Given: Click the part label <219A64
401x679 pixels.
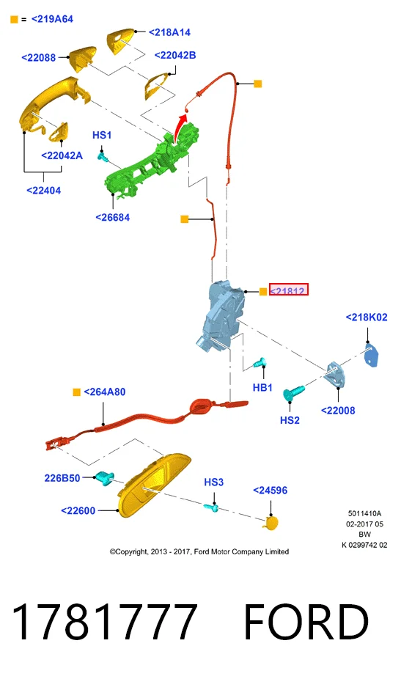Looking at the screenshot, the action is tap(52, 19).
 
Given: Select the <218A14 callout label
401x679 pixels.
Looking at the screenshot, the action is tap(169, 32).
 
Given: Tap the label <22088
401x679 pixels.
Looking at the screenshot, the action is tap(39, 58).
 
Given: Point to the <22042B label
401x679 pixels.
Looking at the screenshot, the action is tap(175, 56).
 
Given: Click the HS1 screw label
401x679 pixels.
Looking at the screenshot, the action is tap(102, 135).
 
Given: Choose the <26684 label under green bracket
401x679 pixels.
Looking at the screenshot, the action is tap(113, 217).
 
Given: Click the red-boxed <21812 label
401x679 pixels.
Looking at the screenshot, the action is tap(288, 290).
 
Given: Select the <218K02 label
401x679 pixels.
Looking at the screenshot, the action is tap(367, 318).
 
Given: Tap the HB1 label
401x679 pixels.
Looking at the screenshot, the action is tap(262, 388).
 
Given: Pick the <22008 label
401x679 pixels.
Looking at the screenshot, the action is tap(338, 411).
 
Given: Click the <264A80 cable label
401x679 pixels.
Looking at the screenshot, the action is tap(104, 392).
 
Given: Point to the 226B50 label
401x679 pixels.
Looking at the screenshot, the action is tap(62, 478).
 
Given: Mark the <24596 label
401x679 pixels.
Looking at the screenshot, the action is tap(271, 491).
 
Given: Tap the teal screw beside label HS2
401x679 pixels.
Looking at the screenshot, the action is tap(293, 393).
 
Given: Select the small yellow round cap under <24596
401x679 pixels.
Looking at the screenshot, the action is tap(271, 523).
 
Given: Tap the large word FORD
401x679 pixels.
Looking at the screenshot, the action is tap(306, 622).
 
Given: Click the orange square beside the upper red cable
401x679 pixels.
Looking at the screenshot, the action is tap(257, 84).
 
